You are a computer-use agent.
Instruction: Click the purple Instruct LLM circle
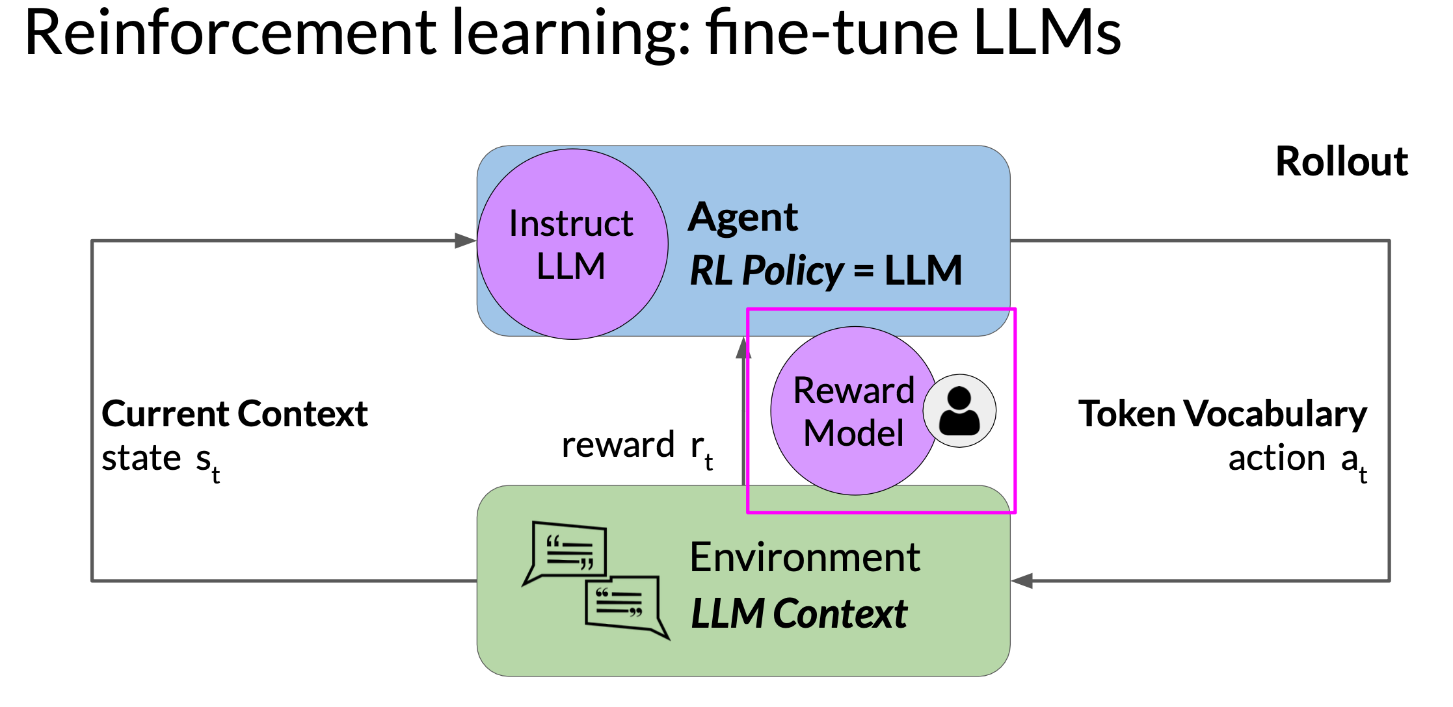click(572, 244)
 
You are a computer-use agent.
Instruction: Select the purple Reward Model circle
click(855, 411)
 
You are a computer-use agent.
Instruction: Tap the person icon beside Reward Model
click(959, 411)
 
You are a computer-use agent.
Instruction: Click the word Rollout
click(1342, 161)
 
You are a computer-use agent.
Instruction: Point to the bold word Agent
click(743, 218)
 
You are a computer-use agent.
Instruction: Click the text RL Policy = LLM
click(825, 270)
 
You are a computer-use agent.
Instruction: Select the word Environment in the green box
click(805, 557)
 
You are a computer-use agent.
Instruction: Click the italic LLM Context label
click(799, 613)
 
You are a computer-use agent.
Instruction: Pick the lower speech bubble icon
click(627, 608)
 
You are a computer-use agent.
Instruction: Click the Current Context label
click(235, 414)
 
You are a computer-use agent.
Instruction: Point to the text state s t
click(161, 462)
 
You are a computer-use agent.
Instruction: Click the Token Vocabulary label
click(1223, 415)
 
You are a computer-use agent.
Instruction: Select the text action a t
click(1298, 462)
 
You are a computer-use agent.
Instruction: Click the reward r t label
click(637, 448)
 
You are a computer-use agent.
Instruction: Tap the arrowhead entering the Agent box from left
click(466, 240)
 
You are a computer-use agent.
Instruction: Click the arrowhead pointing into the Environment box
click(1022, 580)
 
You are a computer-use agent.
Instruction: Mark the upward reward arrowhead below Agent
click(743, 348)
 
